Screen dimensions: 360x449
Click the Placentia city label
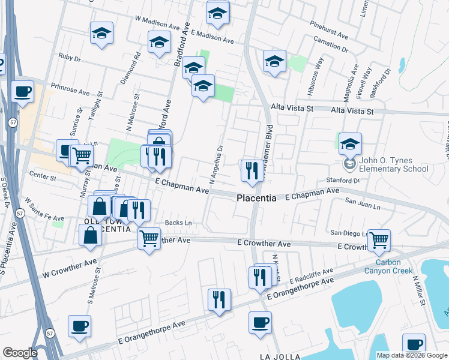256,198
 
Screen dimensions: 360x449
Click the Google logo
20,353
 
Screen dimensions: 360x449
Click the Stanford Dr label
344,179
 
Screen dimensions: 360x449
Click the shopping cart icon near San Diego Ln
379,240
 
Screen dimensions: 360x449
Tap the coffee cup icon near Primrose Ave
22,92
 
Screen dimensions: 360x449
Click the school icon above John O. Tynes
350,143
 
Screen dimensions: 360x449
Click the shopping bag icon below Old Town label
89,235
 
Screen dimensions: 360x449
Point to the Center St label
43,178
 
